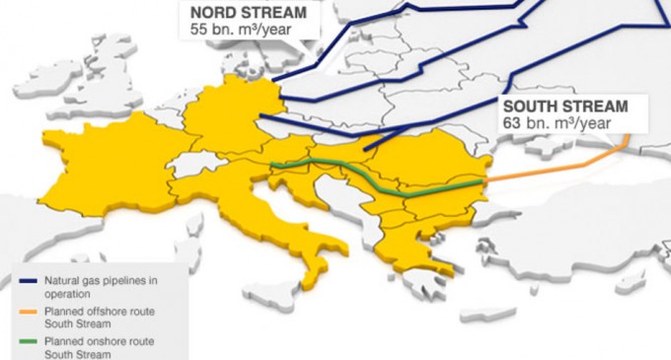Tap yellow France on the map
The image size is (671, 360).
[109, 168]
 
